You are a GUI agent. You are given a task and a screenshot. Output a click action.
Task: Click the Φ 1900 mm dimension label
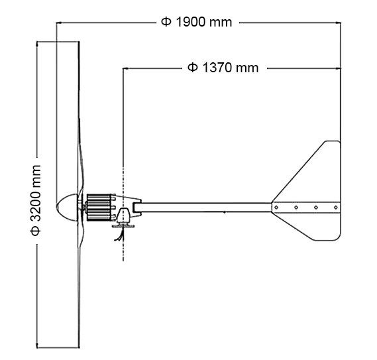pyautogui.click(x=196, y=22)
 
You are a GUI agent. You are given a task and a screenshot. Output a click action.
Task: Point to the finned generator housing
pyautogui.click(x=100, y=206)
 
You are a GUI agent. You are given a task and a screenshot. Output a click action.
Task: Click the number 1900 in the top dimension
pyautogui.click(x=192, y=22)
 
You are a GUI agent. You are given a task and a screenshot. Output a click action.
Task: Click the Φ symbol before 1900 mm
pyautogui.click(x=166, y=22)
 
